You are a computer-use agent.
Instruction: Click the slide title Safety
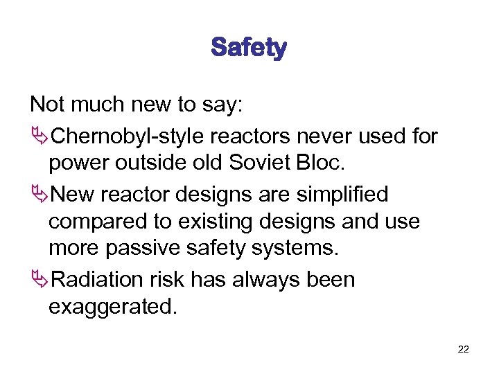(249, 48)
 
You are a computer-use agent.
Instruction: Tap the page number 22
(463, 349)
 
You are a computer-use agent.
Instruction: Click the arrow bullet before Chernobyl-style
(39, 137)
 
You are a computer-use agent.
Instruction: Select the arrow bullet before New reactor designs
(39, 195)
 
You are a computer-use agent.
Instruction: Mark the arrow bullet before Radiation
(39, 280)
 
